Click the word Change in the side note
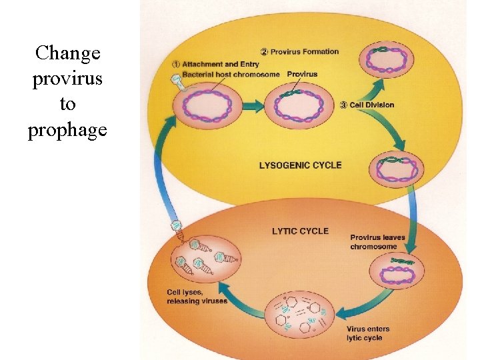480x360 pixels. point(67,53)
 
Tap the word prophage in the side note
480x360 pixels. point(67,130)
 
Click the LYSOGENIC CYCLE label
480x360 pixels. point(299,165)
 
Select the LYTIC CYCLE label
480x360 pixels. point(300,231)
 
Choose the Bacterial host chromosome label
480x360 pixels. point(231,74)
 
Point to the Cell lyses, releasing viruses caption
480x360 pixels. point(197,297)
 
